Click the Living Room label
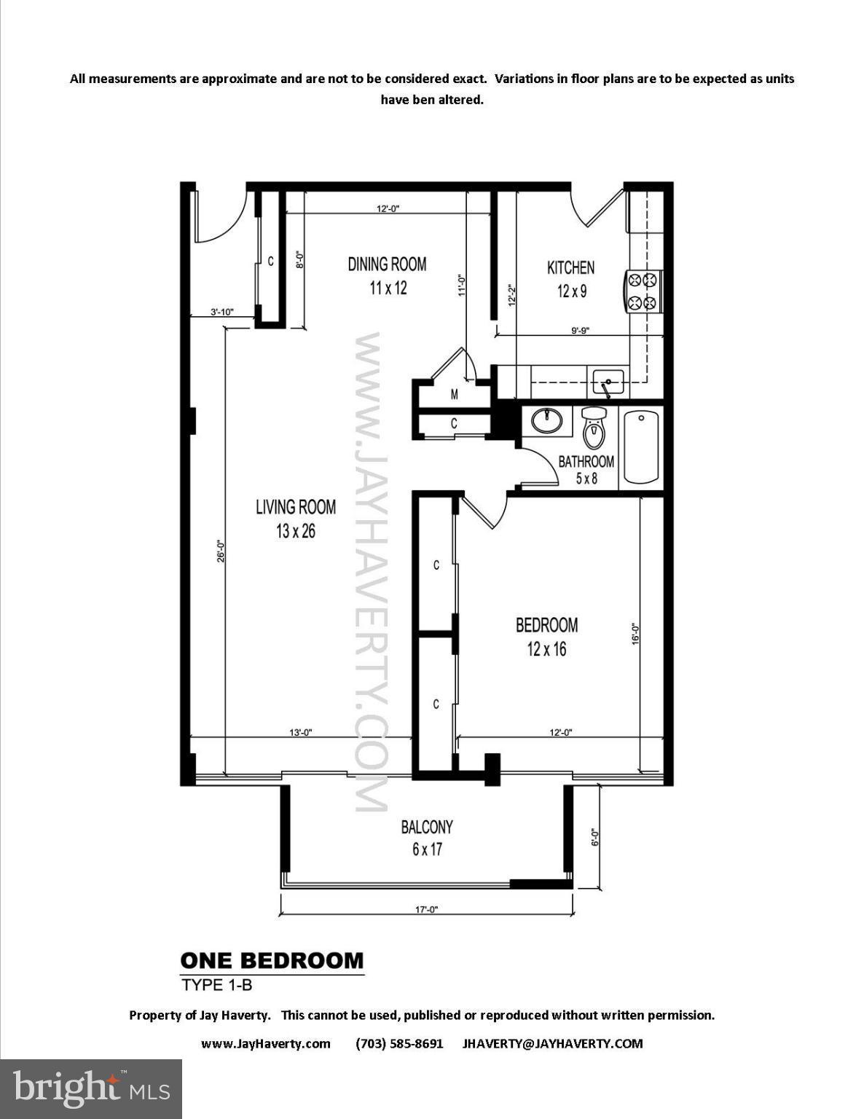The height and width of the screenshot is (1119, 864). tap(296, 518)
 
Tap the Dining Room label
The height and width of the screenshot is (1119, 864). tap(387, 275)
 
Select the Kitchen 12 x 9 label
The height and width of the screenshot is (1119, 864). tap(571, 279)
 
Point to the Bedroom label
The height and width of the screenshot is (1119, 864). tap(546, 636)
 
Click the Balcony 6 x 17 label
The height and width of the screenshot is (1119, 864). tap(427, 838)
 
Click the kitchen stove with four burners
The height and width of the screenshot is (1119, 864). tap(643, 291)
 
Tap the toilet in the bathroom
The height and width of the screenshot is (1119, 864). tap(594, 428)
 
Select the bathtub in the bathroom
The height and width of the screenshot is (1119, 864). tap(642, 447)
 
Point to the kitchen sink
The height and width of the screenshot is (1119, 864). tap(608, 380)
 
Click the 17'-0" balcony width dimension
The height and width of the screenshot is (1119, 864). tap(425, 909)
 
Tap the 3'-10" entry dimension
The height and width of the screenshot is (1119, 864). tap(221, 312)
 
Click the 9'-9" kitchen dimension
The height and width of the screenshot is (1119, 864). tap(580, 330)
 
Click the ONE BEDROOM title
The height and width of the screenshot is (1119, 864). tap(272, 960)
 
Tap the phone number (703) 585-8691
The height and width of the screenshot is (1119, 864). tap(399, 1043)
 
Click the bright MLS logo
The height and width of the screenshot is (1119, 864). tap(91, 1088)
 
